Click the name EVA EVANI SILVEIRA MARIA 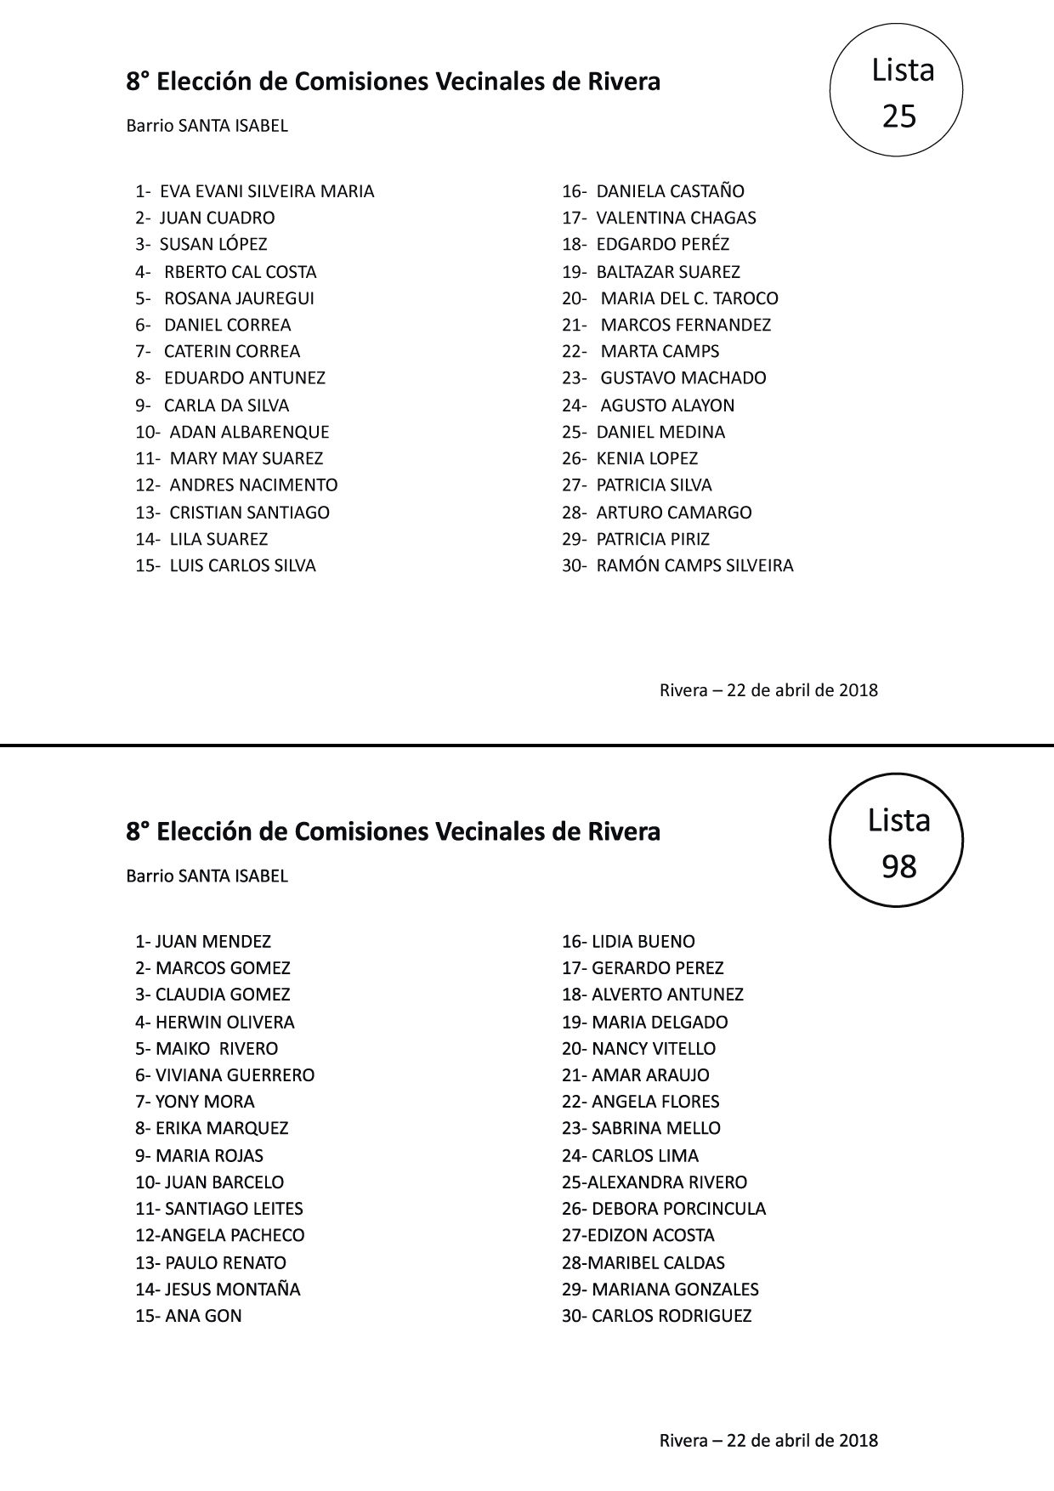pos(267,191)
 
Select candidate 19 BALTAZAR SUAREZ pos(667,272)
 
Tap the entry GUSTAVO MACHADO pos(683,377)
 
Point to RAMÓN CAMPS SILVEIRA pos(694,565)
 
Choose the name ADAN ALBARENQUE pos(249,432)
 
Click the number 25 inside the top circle pos(899,116)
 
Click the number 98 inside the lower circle pos(899,866)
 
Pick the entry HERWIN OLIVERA pos(224,1022)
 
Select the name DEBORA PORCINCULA pos(678,1209)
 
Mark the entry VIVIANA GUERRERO pos(235,1075)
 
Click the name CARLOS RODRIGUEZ pos(671,1316)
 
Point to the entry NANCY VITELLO pos(654,1048)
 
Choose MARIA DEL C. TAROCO pos(688,298)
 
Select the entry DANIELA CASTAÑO pos(670,191)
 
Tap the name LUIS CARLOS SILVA pos(242,565)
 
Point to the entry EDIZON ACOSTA pos(651,1235)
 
